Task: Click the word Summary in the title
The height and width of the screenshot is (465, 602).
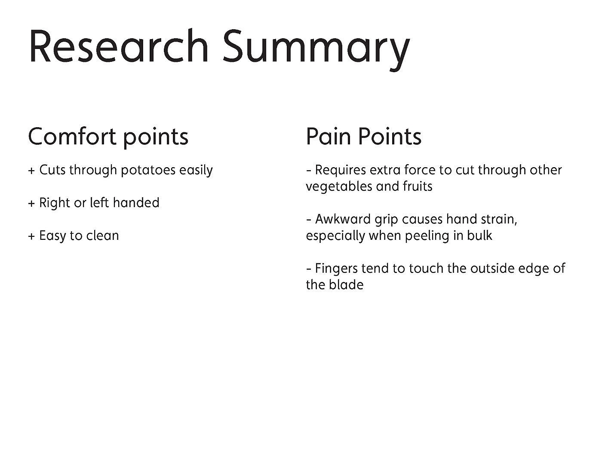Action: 316,50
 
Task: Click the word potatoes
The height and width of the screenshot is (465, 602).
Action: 148,170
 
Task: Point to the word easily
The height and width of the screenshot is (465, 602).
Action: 196,170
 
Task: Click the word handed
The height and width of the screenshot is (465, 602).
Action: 136,202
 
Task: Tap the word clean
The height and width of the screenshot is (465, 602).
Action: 102,236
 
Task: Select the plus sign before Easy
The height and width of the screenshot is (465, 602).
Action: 31,236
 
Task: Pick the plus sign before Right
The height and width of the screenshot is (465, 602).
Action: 31,203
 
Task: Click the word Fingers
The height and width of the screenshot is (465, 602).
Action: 336,269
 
